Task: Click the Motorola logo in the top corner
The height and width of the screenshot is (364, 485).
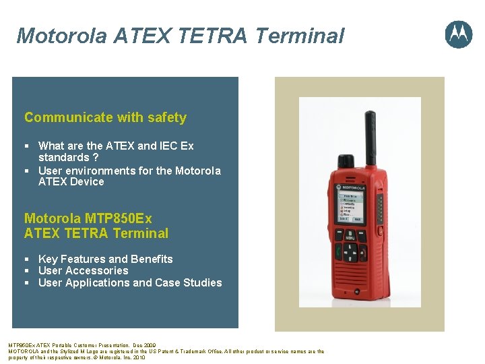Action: coord(458,34)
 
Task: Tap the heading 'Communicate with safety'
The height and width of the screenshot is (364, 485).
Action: coord(105,117)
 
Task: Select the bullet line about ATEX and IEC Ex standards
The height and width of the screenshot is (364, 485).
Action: coord(116,151)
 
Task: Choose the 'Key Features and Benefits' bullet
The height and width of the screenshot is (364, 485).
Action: coord(105,259)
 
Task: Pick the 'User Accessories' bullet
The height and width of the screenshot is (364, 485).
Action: coord(83,270)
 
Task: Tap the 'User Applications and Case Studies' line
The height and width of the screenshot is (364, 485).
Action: coord(130,282)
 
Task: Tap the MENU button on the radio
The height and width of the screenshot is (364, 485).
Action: coord(350,236)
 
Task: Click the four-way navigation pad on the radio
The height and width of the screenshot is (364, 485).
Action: coord(351,252)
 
